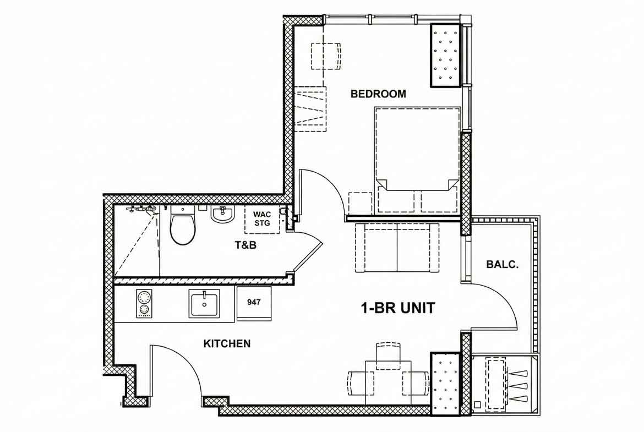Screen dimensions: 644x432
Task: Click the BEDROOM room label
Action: click(378, 94)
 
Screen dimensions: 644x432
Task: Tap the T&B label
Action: click(245, 245)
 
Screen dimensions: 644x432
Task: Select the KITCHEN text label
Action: click(227, 344)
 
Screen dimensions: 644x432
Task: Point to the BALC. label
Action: click(502, 265)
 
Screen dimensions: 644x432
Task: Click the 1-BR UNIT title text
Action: click(397, 308)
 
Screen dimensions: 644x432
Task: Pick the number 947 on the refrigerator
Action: click(254, 302)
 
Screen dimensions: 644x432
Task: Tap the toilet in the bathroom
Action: click(182, 225)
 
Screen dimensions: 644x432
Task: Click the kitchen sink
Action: click(204, 303)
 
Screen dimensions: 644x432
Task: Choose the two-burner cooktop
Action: click(144, 304)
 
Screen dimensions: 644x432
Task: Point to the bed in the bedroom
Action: click(417, 160)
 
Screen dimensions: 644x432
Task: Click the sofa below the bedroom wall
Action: click(397, 248)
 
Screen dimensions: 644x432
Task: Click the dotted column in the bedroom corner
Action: click(445, 55)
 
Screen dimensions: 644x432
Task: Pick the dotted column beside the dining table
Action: click(445, 384)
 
